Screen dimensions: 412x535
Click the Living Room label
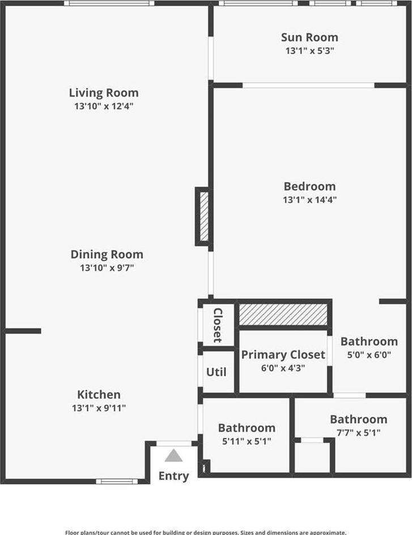coord(104,93)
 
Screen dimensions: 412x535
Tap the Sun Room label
coord(309,37)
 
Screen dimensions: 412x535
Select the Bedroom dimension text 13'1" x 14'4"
coord(309,200)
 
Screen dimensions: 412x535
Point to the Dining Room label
coord(107,255)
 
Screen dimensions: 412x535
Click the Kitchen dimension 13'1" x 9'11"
coord(99,408)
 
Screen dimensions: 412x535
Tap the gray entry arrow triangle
coord(174,456)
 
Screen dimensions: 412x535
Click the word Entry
coord(174,477)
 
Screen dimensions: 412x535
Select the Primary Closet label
coord(283,355)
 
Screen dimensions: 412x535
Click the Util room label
coord(216,372)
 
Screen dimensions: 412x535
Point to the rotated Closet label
coord(218,325)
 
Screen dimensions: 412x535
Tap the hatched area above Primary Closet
coord(283,314)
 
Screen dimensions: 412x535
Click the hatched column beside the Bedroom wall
coord(204,216)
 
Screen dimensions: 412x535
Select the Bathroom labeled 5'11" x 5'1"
coord(247,428)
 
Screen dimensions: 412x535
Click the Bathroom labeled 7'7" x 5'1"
coord(359,419)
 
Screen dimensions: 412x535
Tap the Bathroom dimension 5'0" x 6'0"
coord(369,355)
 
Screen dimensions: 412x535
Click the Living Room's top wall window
coord(109,3)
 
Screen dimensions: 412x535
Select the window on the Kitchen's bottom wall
coord(117,482)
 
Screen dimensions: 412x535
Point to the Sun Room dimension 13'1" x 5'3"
coord(309,51)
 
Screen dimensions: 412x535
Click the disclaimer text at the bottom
coord(206,532)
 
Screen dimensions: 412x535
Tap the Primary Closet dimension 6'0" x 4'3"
coord(283,368)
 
